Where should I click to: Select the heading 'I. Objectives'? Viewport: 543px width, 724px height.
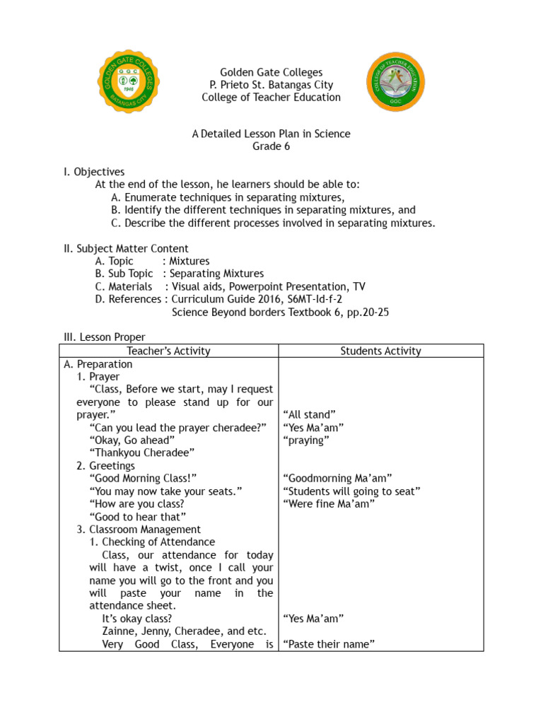coord(94,172)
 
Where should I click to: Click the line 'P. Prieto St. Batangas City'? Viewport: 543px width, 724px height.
coord(271,85)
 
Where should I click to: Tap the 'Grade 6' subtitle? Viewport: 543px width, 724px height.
coord(271,146)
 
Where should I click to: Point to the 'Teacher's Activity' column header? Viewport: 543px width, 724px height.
coord(168,351)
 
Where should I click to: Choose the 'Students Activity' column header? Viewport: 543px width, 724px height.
coord(380,351)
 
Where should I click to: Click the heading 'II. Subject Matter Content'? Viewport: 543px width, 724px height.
coord(126,248)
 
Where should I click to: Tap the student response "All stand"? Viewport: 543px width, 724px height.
coord(309,414)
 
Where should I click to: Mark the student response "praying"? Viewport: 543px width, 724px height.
coord(306,440)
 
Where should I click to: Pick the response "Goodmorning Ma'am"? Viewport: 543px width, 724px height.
coord(337,478)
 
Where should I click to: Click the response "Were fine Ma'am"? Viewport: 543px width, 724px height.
coord(328,503)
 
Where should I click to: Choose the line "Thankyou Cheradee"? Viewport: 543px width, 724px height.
coord(142,452)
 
